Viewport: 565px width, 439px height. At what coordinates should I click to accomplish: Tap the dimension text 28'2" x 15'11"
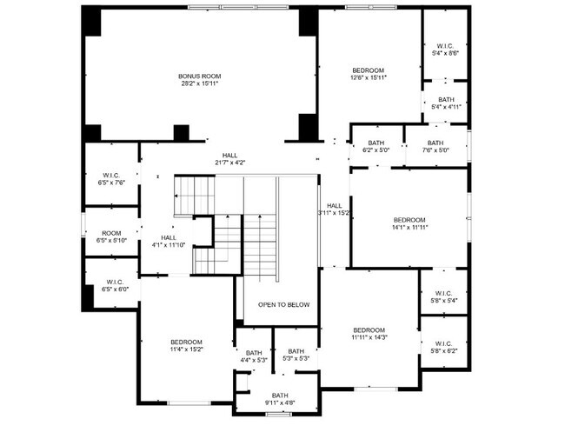click(x=200, y=84)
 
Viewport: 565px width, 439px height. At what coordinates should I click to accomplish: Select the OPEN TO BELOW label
click(x=283, y=305)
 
